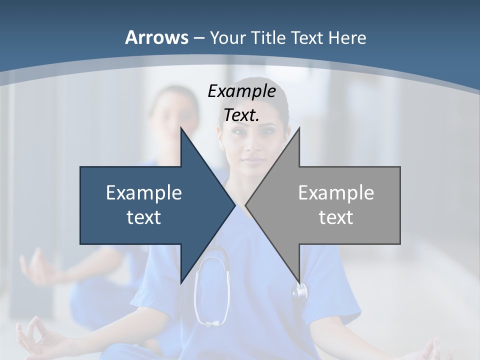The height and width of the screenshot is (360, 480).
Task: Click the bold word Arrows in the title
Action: pos(156,37)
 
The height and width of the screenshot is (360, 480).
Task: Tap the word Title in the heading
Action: pos(268,37)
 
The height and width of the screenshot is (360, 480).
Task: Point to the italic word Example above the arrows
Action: pos(241,91)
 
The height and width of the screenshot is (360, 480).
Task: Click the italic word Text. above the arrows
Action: pos(241,115)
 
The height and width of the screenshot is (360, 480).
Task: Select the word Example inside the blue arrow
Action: pos(144,192)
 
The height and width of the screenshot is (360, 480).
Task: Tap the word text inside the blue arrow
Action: pos(144,217)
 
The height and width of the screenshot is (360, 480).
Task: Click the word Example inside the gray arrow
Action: pos(336,192)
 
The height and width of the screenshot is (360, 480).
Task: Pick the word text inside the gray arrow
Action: pos(336,217)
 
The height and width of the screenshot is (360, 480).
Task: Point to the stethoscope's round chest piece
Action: pos(300,290)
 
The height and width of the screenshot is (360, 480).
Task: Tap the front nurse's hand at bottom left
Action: pos(37,340)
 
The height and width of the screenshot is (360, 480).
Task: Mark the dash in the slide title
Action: pos(198,38)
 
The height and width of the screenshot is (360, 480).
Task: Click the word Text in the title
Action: pos(307,37)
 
